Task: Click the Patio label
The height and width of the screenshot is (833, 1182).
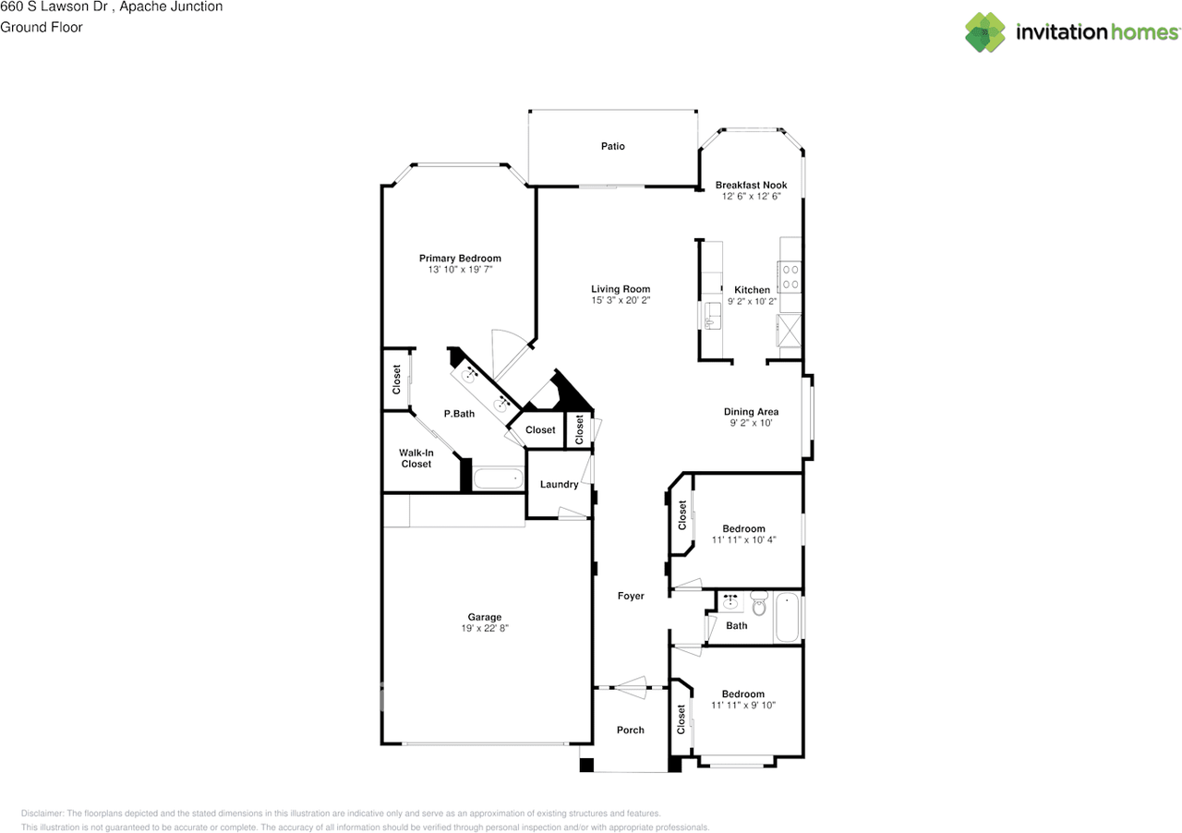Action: click(x=612, y=146)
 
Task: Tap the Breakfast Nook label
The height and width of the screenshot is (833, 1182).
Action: click(x=751, y=185)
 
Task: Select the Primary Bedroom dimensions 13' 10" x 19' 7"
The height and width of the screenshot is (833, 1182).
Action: click(x=460, y=270)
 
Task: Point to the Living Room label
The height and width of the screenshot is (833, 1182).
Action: click(x=621, y=289)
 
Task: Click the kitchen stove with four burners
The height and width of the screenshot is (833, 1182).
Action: click(x=790, y=277)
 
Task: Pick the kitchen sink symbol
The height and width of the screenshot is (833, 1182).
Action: click(x=712, y=316)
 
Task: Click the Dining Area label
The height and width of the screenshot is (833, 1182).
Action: click(x=751, y=412)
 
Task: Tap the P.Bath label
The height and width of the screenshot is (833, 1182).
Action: click(x=459, y=414)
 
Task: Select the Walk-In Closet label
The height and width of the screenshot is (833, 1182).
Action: click(x=416, y=458)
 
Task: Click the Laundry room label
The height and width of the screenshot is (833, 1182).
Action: click(x=559, y=484)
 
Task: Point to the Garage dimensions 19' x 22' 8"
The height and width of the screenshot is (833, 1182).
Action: click(x=485, y=628)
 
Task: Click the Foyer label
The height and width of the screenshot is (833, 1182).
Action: click(x=631, y=596)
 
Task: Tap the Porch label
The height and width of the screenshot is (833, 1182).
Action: click(x=631, y=730)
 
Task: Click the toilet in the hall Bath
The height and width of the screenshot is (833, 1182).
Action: click(x=759, y=603)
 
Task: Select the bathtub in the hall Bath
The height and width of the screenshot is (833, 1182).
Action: click(x=788, y=617)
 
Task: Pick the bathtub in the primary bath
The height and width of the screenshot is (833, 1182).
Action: click(x=498, y=478)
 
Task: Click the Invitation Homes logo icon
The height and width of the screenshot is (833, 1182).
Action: click(x=985, y=32)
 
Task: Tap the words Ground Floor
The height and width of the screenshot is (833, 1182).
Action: click(x=42, y=28)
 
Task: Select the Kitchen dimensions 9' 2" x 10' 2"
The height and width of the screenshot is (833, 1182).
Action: click(x=752, y=301)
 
